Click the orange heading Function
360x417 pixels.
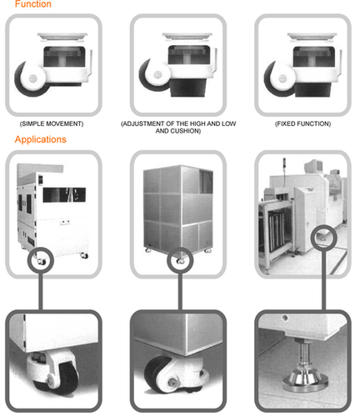coord(33,4)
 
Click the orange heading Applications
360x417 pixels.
coord(41,139)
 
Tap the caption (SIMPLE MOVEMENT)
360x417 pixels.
coord(52,123)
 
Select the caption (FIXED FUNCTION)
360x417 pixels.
coord(302,123)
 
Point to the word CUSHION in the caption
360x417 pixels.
coord(184,131)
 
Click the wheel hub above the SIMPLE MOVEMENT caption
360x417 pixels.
coord(33,78)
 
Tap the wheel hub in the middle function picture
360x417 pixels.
coord(157,74)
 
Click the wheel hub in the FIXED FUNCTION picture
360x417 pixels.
coord(282,78)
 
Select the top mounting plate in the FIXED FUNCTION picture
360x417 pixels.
coord(312,36)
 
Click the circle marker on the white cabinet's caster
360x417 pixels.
coord(41,260)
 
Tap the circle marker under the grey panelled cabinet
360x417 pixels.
coord(180,260)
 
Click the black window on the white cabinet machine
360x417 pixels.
coord(64,194)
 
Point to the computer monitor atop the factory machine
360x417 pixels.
coord(314,166)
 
